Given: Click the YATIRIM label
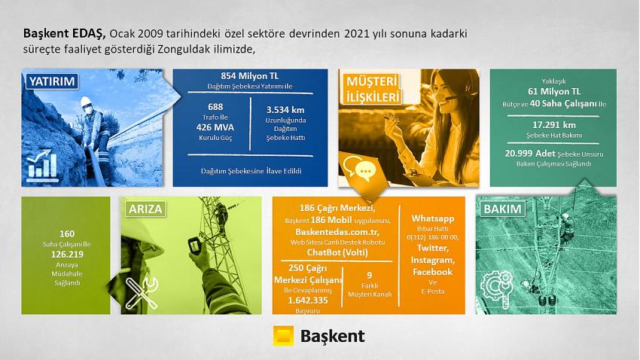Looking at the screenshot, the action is click(x=52, y=81).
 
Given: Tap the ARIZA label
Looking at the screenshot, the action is click(x=145, y=209).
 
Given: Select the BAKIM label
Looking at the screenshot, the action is click(x=502, y=209).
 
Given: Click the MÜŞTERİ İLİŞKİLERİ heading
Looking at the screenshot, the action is click(x=373, y=90).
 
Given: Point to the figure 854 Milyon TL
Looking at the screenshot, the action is click(x=250, y=76).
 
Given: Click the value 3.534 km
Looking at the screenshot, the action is click(x=285, y=110).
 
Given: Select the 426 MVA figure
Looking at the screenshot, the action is click(x=215, y=127).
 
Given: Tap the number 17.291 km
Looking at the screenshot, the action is click(x=553, y=125).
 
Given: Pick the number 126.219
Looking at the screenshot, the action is click(x=67, y=255).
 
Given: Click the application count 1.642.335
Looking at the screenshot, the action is click(x=308, y=301).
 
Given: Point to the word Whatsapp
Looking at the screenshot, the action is click(x=433, y=218).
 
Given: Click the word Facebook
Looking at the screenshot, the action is click(x=433, y=272).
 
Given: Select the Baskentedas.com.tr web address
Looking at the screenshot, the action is click(x=337, y=232).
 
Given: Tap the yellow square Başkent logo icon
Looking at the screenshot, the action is click(x=283, y=336).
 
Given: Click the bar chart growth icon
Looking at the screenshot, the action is click(x=42, y=166).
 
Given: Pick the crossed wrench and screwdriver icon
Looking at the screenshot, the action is click(x=142, y=293).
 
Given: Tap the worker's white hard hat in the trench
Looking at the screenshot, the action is click(x=85, y=102).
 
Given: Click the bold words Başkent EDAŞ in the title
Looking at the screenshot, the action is click(x=65, y=33).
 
